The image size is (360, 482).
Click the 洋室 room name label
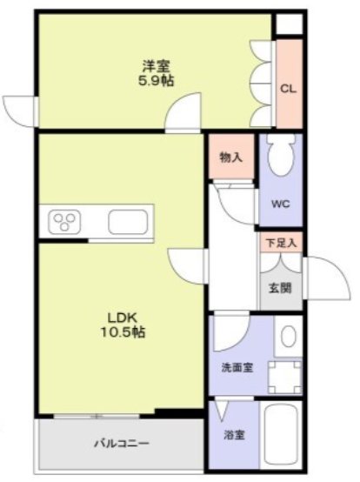pyautogui.click(x=156, y=66)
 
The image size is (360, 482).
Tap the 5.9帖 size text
pyautogui.click(x=157, y=81)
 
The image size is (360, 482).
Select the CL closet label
pyautogui.click(x=288, y=89)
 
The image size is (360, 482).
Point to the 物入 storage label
pyautogui.click(x=231, y=157)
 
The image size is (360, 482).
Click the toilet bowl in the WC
pyautogui.click(x=281, y=155)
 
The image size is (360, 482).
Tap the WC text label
pyautogui.click(x=281, y=204)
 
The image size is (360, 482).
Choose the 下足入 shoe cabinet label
pyautogui.click(x=281, y=244)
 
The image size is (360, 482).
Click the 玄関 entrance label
pyautogui.click(x=280, y=288)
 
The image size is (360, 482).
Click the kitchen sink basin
pyautogui.click(x=128, y=222)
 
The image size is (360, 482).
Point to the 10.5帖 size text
pyautogui.click(x=123, y=331)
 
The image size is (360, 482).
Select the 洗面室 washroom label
pyautogui.click(x=237, y=367)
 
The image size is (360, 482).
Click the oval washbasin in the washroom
pyautogui.click(x=289, y=337)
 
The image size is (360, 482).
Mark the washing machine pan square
pyautogui.click(x=284, y=378)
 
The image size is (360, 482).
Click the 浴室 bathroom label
pyautogui.click(x=234, y=435)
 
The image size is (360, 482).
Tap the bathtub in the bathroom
pyautogui.click(x=281, y=435)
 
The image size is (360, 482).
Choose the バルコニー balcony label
pyautogui.click(x=122, y=444)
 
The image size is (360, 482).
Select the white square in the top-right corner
pyautogui.click(x=289, y=24)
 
